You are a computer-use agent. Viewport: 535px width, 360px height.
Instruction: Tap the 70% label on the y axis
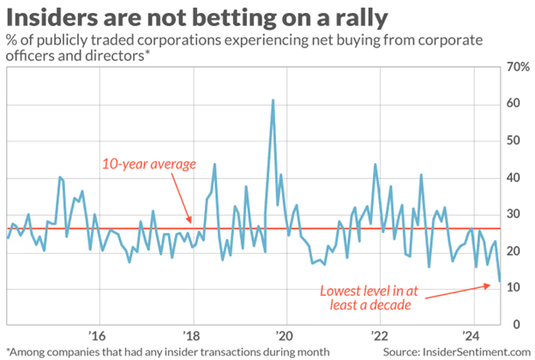click(514, 67)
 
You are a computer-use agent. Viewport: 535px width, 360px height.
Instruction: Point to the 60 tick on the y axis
click(511, 104)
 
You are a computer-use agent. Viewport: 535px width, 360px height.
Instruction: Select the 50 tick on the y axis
click(511, 141)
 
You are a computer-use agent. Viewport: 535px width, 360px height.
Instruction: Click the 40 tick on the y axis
click(511, 177)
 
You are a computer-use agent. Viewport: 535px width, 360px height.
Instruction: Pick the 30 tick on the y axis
click(511, 214)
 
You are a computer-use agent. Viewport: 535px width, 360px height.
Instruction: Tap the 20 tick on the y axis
click(511, 251)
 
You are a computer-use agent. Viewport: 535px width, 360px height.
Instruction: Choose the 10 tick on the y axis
click(511, 288)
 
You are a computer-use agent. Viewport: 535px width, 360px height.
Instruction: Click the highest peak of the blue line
click(273, 100)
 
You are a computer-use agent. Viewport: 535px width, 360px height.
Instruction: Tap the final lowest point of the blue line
click(500, 280)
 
